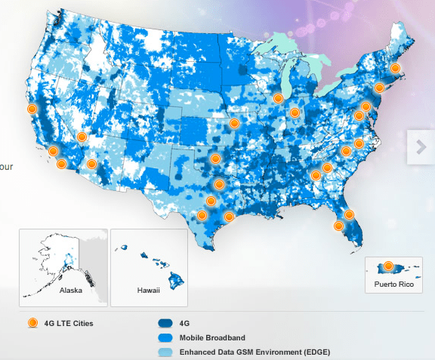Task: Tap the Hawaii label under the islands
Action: (148, 289)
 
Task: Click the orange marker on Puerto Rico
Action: (389, 266)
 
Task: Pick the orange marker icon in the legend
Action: (32, 324)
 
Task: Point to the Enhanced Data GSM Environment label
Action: (255, 352)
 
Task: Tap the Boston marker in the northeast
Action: (394, 69)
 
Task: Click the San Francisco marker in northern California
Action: (32, 109)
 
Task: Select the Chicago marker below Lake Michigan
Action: (279, 98)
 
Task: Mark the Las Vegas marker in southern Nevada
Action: (82, 137)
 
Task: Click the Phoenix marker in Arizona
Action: (91, 164)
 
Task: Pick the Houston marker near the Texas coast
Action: (229, 217)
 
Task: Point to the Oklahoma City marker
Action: (216, 158)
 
